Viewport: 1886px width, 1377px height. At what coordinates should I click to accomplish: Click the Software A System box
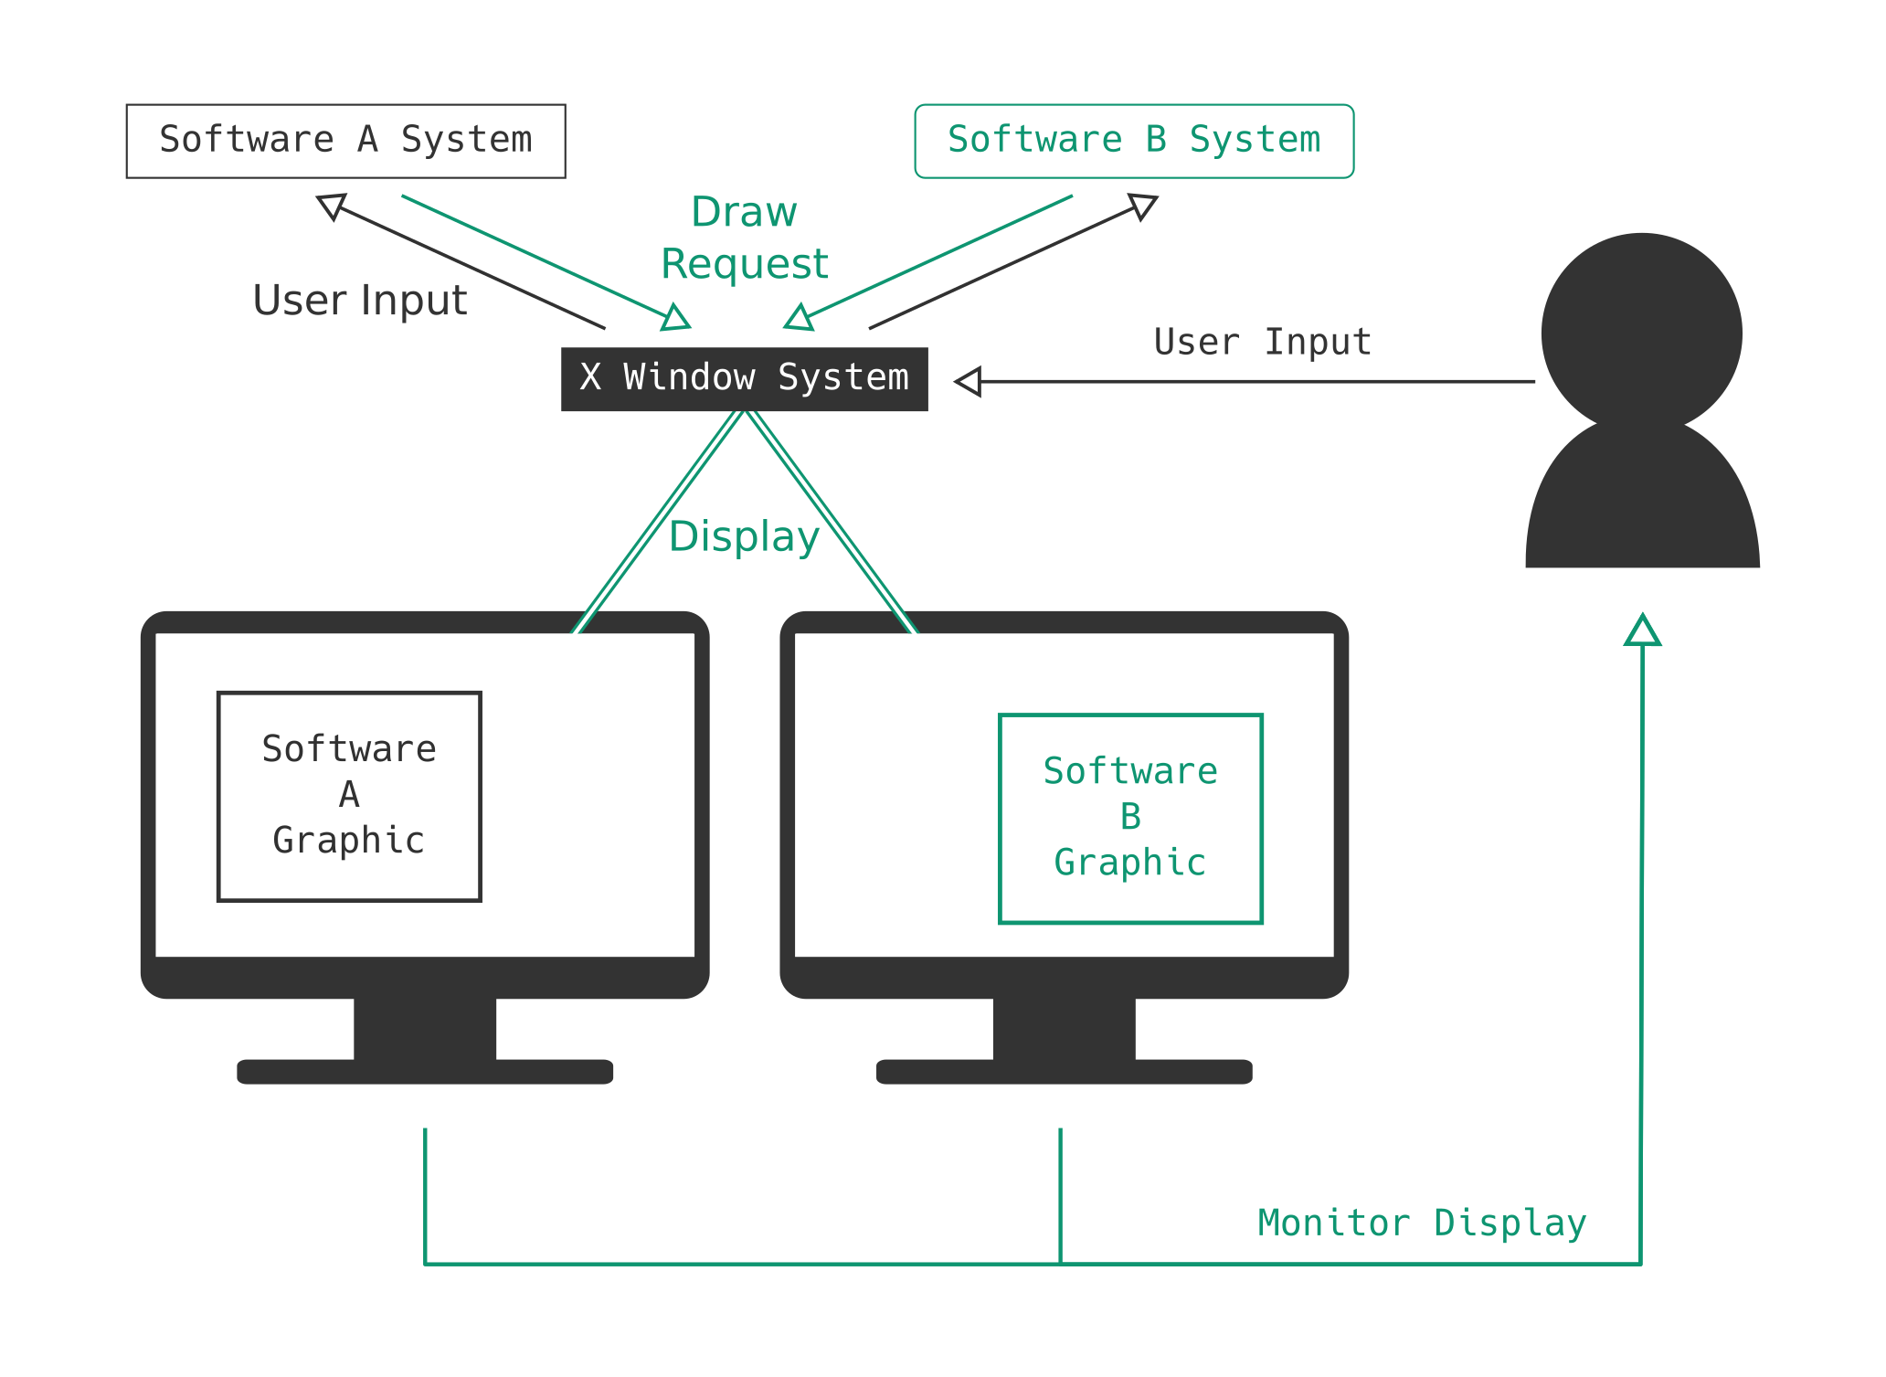tap(345, 141)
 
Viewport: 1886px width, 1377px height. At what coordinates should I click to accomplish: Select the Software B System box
tap(1134, 141)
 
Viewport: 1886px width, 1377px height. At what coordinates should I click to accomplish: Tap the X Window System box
tap(744, 378)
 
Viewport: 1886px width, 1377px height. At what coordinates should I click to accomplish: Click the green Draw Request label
tap(744, 238)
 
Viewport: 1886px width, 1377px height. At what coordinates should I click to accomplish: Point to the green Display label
tap(744, 536)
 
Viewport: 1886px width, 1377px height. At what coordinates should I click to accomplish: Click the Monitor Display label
tap(1422, 1223)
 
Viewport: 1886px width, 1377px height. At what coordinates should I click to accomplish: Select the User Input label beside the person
tap(1262, 342)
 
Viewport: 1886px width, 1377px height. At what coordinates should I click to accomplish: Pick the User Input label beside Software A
tap(360, 300)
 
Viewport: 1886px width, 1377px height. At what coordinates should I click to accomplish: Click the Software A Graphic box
tap(349, 796)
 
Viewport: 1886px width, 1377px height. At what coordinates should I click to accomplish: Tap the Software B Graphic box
tap(1130, 819)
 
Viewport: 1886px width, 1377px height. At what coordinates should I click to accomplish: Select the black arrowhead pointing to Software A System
tap(332, 206)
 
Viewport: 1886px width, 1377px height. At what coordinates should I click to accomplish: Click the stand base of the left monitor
tap(425, 1071)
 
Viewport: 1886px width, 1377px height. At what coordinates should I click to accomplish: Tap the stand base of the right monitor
tap(1064, 1071)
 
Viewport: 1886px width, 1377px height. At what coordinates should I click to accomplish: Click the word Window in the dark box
tap(689, 377)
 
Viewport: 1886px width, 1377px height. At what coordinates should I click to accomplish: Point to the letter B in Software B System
tap(1156, 140)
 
